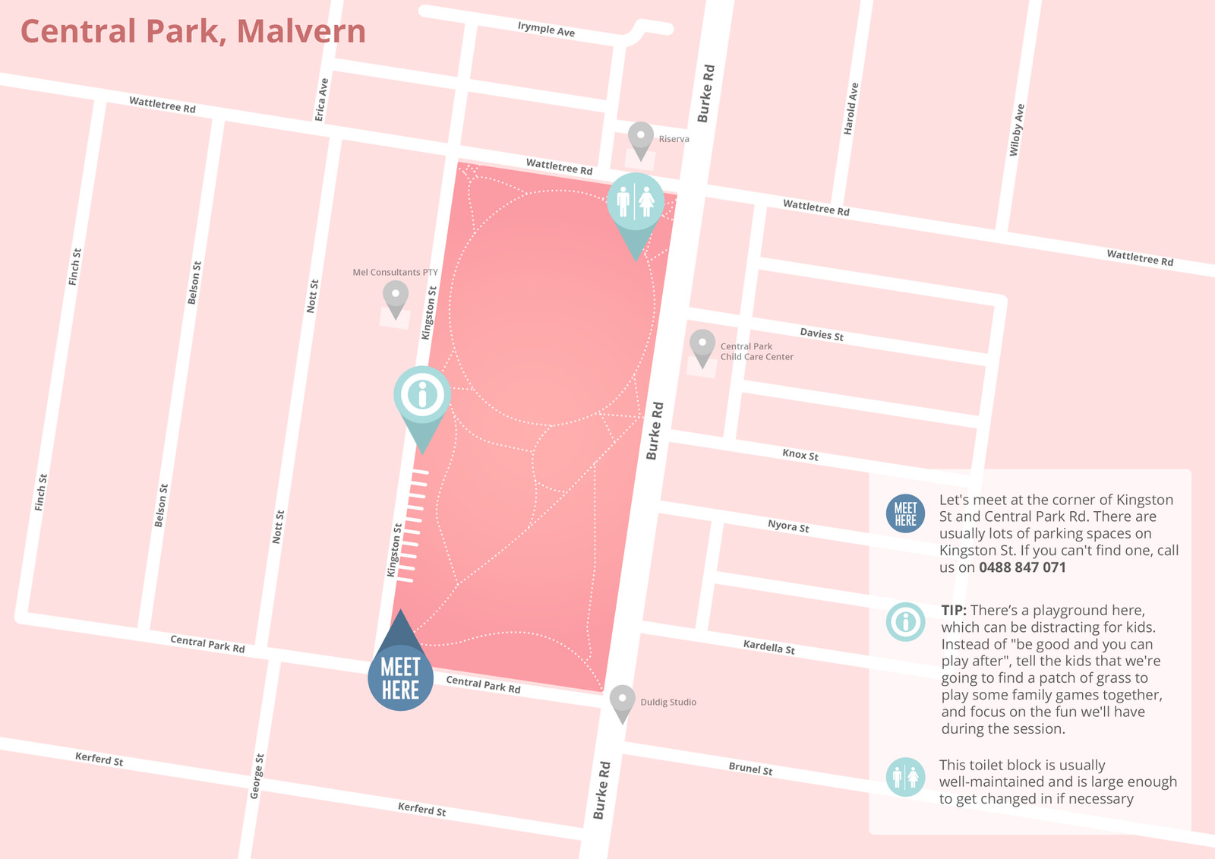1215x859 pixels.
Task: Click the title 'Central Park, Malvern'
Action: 193,32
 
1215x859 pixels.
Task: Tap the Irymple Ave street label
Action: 546,29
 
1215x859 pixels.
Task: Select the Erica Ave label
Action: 322,99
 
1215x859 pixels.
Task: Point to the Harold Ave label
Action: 851,109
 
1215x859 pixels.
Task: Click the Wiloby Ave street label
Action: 1017,130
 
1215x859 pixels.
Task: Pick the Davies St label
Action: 822,334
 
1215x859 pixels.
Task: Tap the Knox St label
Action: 800,454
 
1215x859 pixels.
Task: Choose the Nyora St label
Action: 788,526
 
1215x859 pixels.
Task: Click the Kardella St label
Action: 768,646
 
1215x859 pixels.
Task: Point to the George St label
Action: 257,775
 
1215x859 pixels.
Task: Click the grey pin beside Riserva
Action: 641,138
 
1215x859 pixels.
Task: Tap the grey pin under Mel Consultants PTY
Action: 395,296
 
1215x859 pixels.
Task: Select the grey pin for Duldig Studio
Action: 622,701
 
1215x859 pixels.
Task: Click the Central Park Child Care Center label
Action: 756,352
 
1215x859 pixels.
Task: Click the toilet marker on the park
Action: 636,203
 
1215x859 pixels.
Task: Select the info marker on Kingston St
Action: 422,395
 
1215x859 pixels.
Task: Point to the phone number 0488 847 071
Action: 1022,567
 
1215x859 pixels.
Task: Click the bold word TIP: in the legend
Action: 954,611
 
